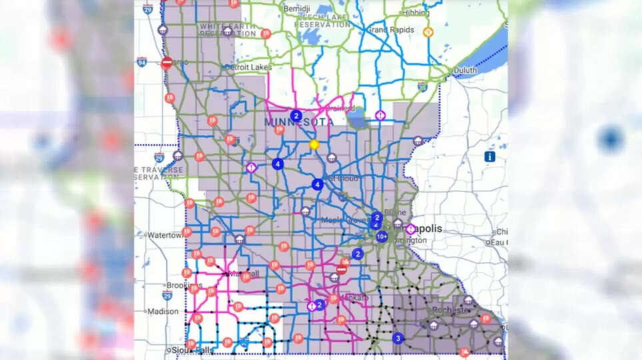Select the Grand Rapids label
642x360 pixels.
pyautogui.click(x=391, y=30)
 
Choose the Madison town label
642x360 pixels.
pyautogui.click(x=163, y=311)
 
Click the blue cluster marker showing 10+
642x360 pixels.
pyautogui.click(x=382, y=237)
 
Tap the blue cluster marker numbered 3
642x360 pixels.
pyautogui.click(x=398, y=338)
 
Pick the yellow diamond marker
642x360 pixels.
pyautogui.click(x=314, y=144)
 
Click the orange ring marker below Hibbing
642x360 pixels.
pyautogui.click(x=428, y=31)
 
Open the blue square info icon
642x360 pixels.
pyautogui.click(x=490, y=157)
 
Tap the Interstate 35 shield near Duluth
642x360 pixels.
pyautogui.click(x=422, y=86)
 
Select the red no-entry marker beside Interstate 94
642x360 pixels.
pyautogui.click(x=167, y=63)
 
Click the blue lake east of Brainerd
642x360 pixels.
pyautogui.click(x=359, y=122)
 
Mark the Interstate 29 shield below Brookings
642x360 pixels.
pyautogui.click(x=167, y=295)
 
